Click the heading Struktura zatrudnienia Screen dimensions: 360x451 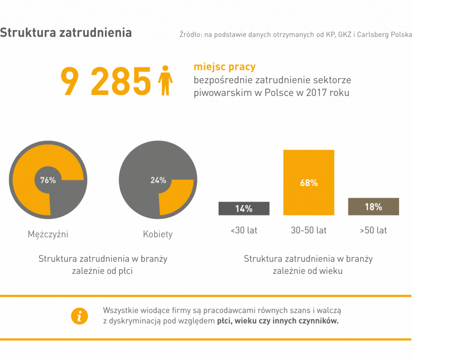click(x=66, y=33)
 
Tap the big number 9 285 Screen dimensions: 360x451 click(x=106, y=81)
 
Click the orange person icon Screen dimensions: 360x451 click(x=165, y=81)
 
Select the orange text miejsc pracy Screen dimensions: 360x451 click(x=225, y=67)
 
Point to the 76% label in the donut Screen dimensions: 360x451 click(x=48, y=180)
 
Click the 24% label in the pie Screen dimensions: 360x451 click(x=158, y=180)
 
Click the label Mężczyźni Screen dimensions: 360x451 click(x=48, y=234)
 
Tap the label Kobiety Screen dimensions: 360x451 click(x=158, y=234)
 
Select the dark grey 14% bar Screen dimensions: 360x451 click(x=244, y=209)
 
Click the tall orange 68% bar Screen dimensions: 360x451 click(x=309, y=183)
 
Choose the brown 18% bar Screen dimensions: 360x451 click(x=373, y=206)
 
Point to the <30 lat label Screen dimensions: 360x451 click(x=244, y=230)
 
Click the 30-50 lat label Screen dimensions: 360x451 click(x=309, y=230)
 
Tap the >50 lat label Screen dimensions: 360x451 click(x=373, y=230)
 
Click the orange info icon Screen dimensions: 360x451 click(x=79, y=316)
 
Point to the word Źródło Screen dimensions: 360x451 click(x=190, y=34)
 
